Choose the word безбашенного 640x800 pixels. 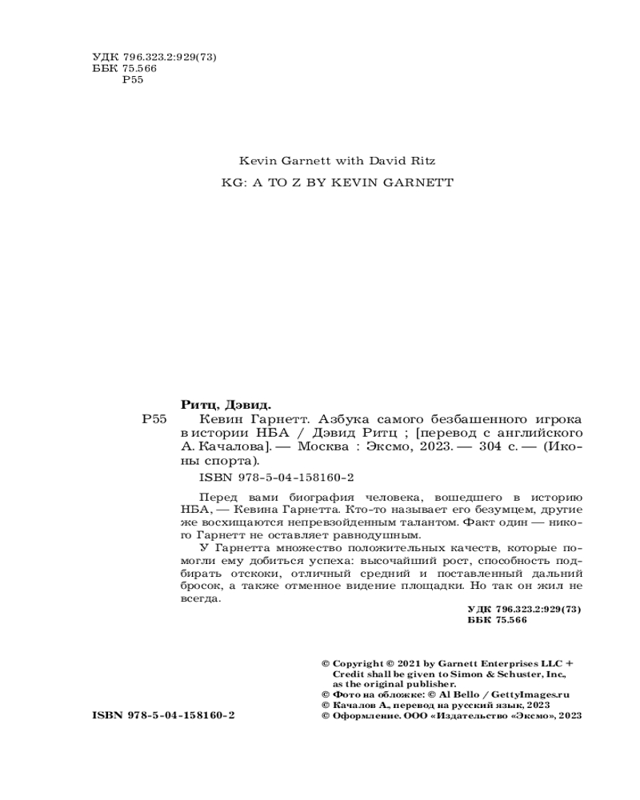pyautogui.click(x=467, y=419)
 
